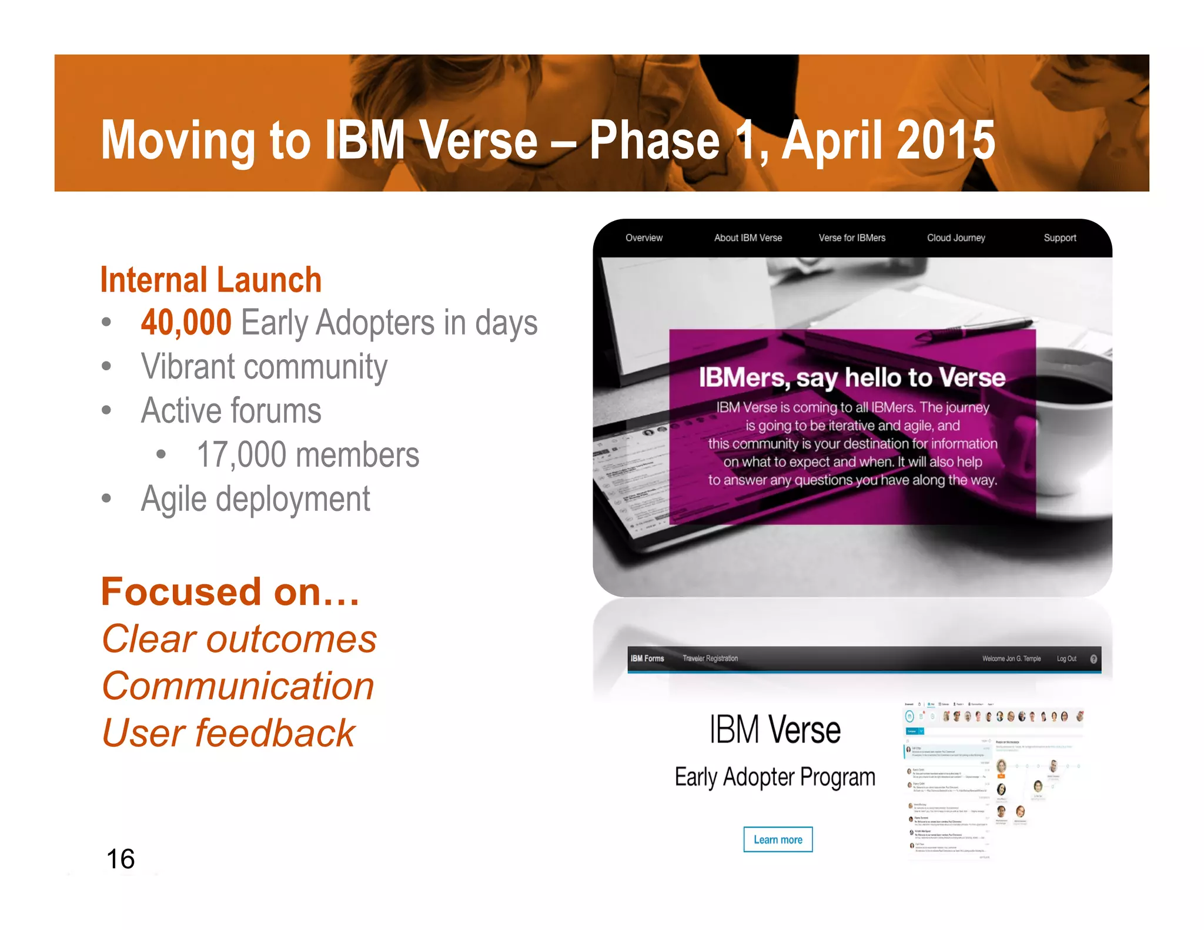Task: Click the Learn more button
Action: (x=777, y=839)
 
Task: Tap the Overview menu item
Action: (x=644, y=238)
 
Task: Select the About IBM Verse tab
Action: (x=748, y=238)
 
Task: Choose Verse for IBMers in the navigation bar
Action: (x=852, y=238)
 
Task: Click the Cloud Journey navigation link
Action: (x=956, y=238)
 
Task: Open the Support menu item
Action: (x=1059, y=238)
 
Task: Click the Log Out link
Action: (x=1066, y=658)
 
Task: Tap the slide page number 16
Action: (x=121, y=859)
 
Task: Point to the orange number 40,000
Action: (x=186, y=322)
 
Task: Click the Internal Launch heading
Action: (x=211, y=280)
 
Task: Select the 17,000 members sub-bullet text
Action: (x=308, y=454)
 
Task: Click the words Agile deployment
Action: (x=256, y=499)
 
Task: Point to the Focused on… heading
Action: (x=230, y=591)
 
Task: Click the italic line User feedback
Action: (x=229, y=733)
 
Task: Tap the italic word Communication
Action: (x=238, y=686)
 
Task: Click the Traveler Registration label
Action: (x=710, y=658)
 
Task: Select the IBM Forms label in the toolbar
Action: (x=647, y=658)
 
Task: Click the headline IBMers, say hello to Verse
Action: (x=852, y=377)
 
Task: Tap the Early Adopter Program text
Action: (x=775, y=777)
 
